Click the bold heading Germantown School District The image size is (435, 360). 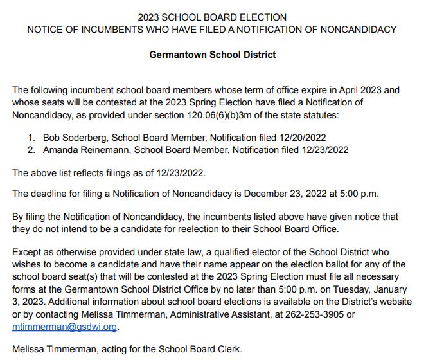tap(212, 55)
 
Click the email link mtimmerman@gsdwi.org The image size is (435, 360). tap(65, 326)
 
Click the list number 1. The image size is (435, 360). tap(31, 138)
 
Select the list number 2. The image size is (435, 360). tap(31, 150)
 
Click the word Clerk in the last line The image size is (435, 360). tap(226, 349)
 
